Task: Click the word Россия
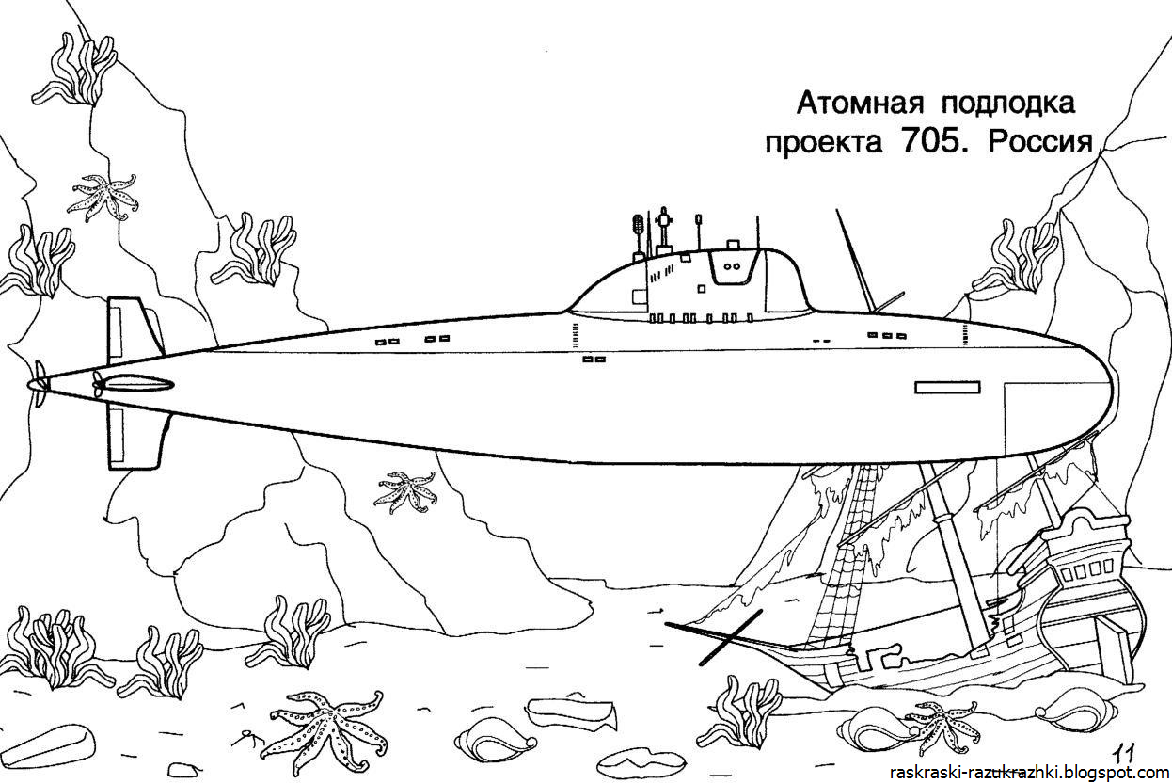pyautogui.click(x=1038, y=142)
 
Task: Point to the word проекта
pyautogui.click(x=823, y=144)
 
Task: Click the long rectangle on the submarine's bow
pyautogui.click(x=947, y=386)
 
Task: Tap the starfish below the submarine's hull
pyautogui.click(x=406, y=491)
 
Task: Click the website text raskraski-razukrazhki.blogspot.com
pyautogui.click(x=1024, y=772)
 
